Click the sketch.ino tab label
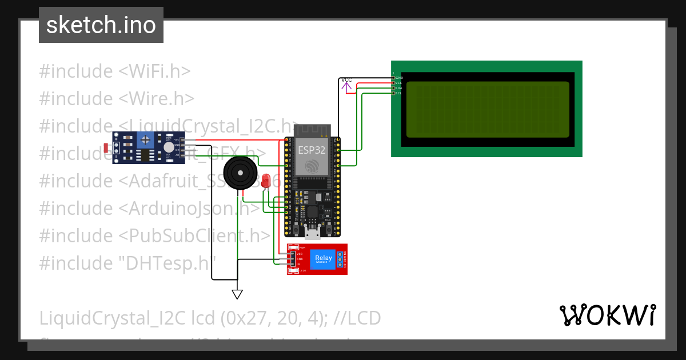click(x=101, y=25)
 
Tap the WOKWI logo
click(x=607, y=315)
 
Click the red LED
click(x=266, y=182)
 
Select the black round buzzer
click(x=238, y=172)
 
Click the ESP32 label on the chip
click(x=312, y=150)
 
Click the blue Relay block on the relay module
click(x=323, y=259)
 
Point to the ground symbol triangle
click(x=237, y=294)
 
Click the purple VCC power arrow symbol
click(x=347, y=87)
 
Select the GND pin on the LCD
click(x=398, y=77)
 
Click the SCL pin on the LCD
click(x=398, y=93)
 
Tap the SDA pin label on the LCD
click(x=398, y=88)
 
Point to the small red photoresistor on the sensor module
click(x=106, y=148)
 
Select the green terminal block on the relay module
click(x=341, y=259)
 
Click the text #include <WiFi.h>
click(x=114, y=71)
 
